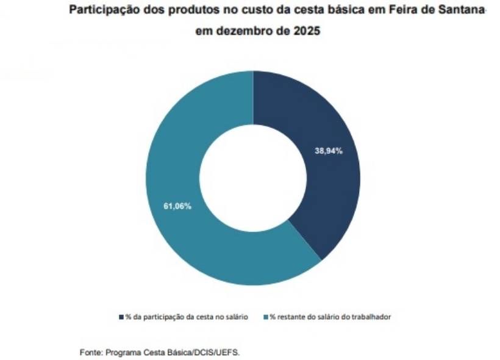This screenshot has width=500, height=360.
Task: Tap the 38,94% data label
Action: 329,151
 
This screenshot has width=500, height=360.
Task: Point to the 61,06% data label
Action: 177,206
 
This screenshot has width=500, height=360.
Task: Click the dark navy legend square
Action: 121,317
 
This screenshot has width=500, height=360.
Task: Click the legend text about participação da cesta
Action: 187,317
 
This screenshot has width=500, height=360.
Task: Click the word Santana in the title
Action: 463,10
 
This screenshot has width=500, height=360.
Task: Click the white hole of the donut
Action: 253,178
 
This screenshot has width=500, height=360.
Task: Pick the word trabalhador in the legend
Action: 373,317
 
